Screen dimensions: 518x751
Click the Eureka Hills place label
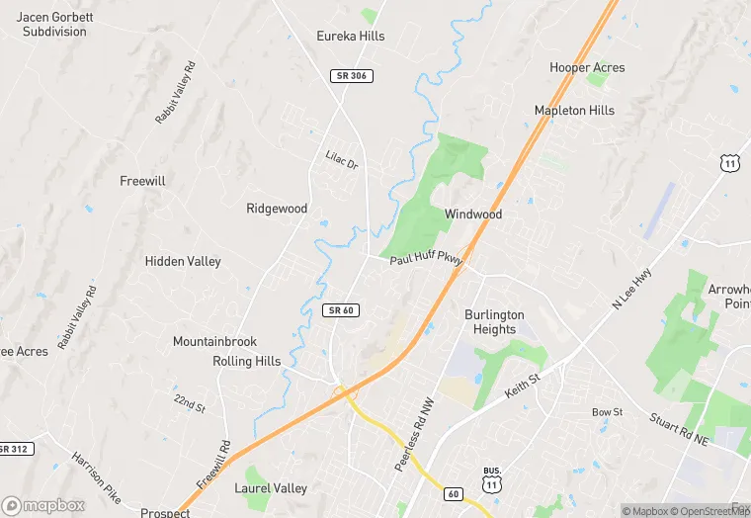350,37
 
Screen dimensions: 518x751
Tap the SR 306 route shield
351,76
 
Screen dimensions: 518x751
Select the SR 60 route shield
339,310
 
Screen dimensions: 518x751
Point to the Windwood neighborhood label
472,215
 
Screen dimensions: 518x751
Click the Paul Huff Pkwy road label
426,260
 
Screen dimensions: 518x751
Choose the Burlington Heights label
494,322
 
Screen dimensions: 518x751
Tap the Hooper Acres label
587,67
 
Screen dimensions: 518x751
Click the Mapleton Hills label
574,111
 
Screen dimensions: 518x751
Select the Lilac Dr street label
341,158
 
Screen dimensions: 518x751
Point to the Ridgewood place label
277,209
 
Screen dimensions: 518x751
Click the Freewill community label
142,182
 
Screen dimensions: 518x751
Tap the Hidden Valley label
183,262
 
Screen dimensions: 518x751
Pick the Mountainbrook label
214,342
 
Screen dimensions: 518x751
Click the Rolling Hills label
246,362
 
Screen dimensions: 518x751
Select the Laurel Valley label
271,488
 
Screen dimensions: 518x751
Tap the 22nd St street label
189,402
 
